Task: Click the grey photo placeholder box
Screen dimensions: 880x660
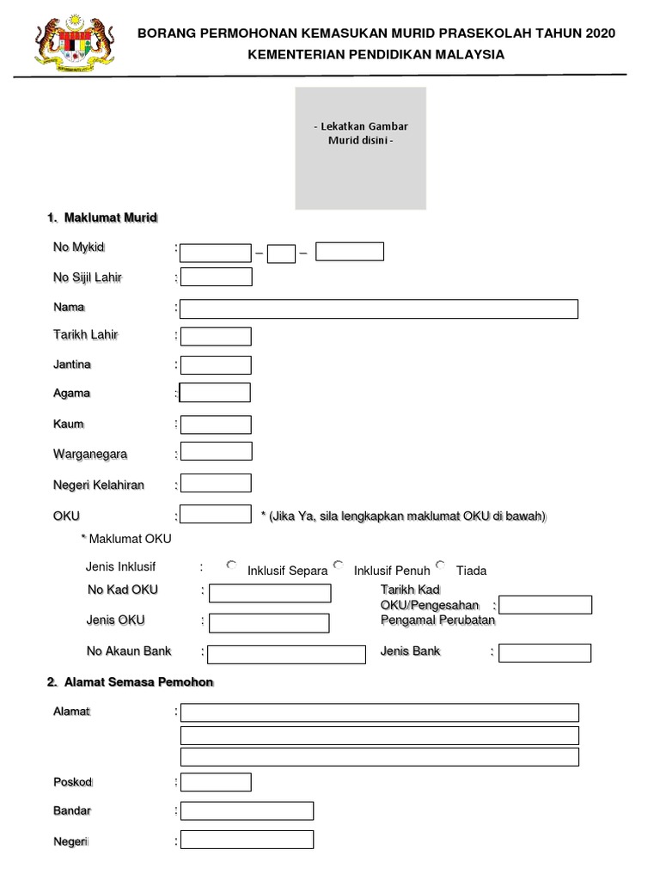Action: point(361,148)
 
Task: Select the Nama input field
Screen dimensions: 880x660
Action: point(379,309)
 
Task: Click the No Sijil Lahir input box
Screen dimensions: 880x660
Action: point(216,277)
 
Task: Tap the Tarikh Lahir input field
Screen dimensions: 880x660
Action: point(216,336)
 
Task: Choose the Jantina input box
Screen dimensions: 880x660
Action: point(216,365)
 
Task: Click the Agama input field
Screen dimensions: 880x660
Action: point(215,393)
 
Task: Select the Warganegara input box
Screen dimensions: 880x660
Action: point(216,451)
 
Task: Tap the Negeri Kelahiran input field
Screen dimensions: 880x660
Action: point(216,483)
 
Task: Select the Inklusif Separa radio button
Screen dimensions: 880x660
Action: point(231,565)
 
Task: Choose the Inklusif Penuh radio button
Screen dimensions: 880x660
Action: point(339,565)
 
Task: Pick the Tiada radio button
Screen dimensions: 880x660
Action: point(441,565)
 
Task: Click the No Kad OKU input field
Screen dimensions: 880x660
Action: point(270,593)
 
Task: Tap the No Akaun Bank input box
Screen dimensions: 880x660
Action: point(286,654)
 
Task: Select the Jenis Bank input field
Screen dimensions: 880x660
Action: point(545,653)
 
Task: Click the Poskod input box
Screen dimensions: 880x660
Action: point(216,782)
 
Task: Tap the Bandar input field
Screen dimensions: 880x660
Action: point(247,811)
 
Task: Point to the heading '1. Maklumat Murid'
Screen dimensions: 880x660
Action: point(102,218)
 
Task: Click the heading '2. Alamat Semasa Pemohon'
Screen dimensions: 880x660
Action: point(130,682)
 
